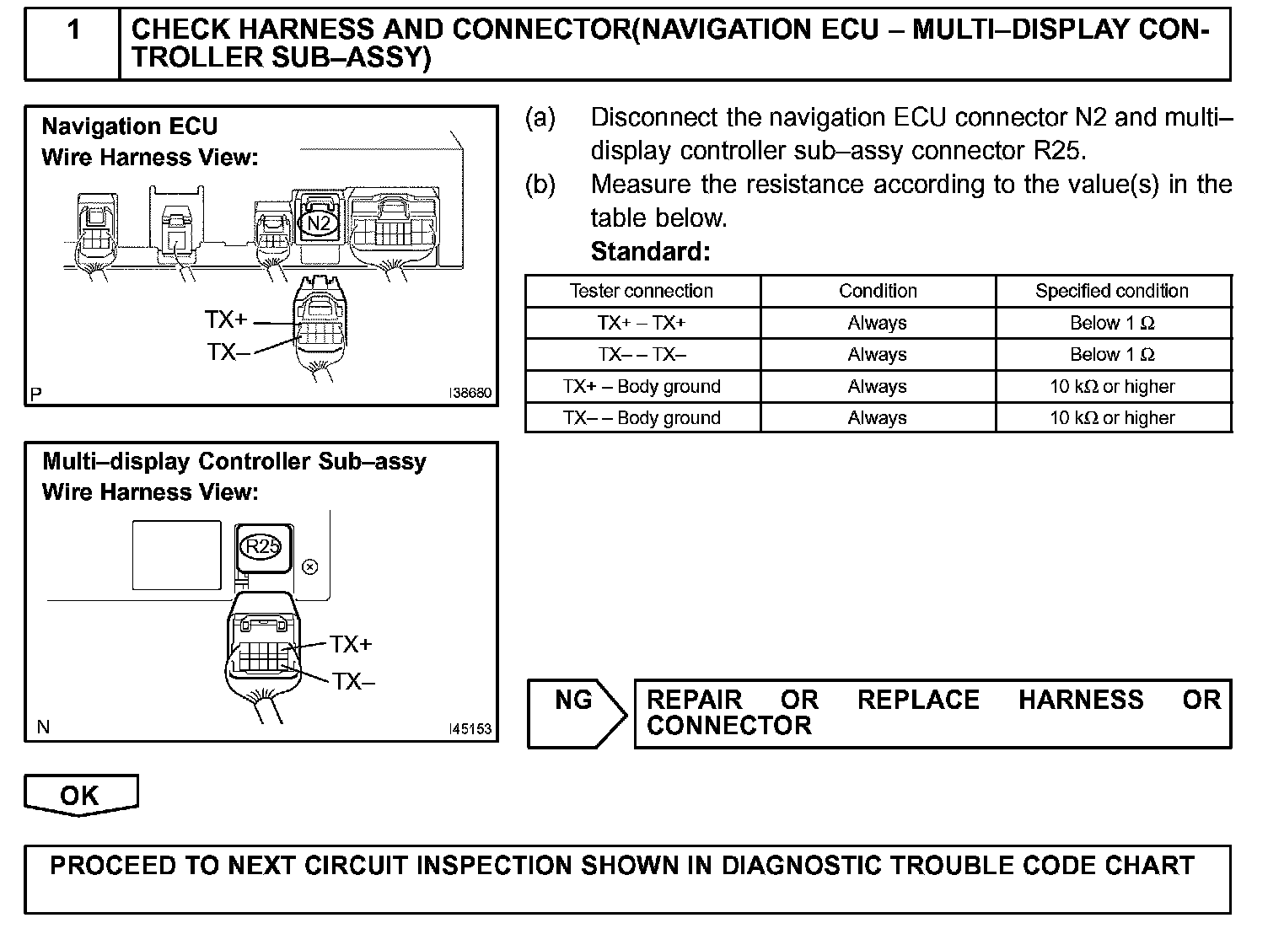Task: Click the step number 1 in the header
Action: [73, 30]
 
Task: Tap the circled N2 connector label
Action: [319, 223]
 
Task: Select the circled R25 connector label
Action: [262, 546]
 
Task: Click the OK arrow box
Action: [80, 795]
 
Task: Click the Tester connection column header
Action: [642, 291]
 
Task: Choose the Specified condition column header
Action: [1112, 291]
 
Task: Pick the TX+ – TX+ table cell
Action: [642, 323]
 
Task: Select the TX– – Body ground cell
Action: [642, 418]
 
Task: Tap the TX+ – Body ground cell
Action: [642, 387]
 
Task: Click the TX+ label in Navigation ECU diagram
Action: [226, 320]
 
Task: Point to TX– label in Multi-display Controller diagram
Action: [353, 681]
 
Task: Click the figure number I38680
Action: [470, 393]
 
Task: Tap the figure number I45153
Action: [470, 729]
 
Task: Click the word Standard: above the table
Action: [650, 251]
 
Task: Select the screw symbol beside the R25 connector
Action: [309, 566]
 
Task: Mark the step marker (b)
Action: [540, 185]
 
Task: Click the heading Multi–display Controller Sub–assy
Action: [234, 461]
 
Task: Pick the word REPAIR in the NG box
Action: [695, 700]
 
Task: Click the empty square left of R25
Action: [176, 555]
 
